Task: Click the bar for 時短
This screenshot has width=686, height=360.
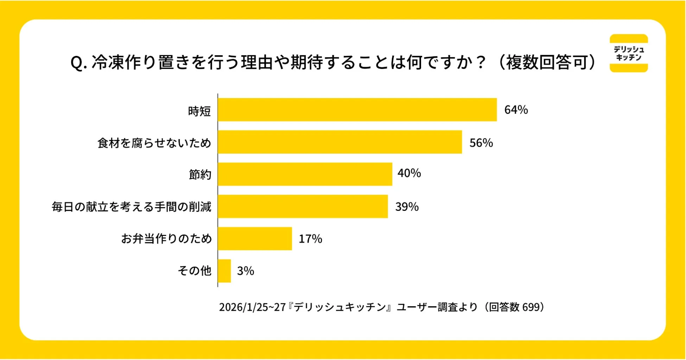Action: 357,110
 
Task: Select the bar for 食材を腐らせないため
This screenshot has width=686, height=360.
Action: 339,142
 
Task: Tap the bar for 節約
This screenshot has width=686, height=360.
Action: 305,174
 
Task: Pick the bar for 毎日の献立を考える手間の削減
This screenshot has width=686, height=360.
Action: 303,206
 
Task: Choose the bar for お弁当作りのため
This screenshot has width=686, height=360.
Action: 255,239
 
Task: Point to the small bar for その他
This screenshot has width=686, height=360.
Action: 224,271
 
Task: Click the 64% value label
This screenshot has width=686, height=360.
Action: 516,110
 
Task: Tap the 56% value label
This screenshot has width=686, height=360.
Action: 481,143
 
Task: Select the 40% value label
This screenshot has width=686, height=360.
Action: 409,173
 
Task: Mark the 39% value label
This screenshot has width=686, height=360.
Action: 407,207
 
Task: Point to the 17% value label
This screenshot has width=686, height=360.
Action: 310,239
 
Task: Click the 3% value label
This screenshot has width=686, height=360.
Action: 245,271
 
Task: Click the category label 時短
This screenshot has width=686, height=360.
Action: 199,111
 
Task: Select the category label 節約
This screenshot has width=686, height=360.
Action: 200,174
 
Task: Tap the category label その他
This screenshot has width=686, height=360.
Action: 194,271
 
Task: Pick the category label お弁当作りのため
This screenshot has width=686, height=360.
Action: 166,239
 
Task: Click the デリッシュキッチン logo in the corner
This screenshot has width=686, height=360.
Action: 628,53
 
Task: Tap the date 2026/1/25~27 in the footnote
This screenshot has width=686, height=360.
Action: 252,307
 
